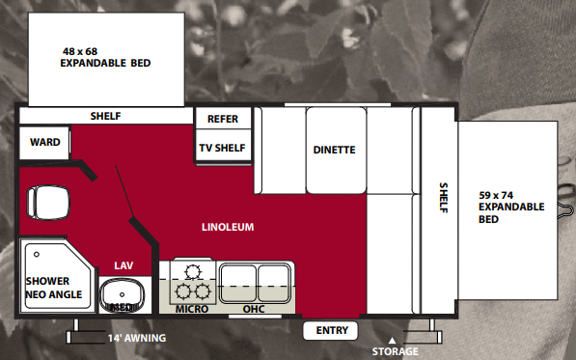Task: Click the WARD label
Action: click(45, 143)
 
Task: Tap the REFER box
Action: click(222, 119)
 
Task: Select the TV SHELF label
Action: click(222, 148)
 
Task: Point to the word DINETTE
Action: click(335, 150)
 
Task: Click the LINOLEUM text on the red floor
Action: click(228, 228)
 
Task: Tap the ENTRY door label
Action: click(331, 331)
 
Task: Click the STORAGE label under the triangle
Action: click(395, 351)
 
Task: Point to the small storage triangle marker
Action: click(392, 339)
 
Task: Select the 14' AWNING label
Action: click(136, 338)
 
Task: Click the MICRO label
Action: click(192, 310)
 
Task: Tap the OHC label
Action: click(254, 310)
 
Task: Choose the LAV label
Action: click(123, 265)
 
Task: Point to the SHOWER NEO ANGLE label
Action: click(54, 288)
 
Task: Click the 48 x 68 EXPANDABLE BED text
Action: click(105, 57)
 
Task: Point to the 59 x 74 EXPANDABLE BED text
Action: click(511, 207)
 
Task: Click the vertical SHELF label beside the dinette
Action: click(444, 198)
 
